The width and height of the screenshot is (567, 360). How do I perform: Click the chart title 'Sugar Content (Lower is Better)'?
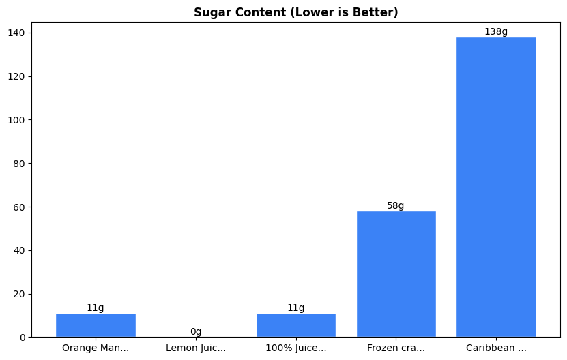[295, 12]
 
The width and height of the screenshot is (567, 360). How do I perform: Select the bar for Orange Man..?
[96, 325]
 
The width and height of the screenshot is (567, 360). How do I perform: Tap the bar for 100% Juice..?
[296, 325]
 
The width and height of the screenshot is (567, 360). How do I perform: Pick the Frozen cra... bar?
[396, 274]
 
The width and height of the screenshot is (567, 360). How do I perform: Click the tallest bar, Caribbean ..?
[496, 187]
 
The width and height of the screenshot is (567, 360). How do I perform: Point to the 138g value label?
[496, 32]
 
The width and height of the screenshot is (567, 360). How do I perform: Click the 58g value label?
[396, 206]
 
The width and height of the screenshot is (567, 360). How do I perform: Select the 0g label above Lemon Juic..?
[196, 332]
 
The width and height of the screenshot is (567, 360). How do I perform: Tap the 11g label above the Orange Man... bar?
[96, 308]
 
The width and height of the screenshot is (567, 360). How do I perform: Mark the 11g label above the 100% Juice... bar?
[296, 308]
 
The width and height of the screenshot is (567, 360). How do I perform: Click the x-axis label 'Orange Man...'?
[96, 348]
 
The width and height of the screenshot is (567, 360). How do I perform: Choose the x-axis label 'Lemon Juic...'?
[196, 348]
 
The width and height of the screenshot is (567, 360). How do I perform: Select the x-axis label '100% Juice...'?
[296, 348]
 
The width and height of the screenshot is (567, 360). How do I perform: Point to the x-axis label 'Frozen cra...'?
[396, 348]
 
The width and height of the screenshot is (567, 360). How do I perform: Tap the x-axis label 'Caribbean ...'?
[496, 348]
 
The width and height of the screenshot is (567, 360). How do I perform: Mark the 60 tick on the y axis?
[20, 207]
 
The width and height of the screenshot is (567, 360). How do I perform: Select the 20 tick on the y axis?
[20, 294]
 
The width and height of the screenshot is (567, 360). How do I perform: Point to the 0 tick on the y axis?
[23, 337]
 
